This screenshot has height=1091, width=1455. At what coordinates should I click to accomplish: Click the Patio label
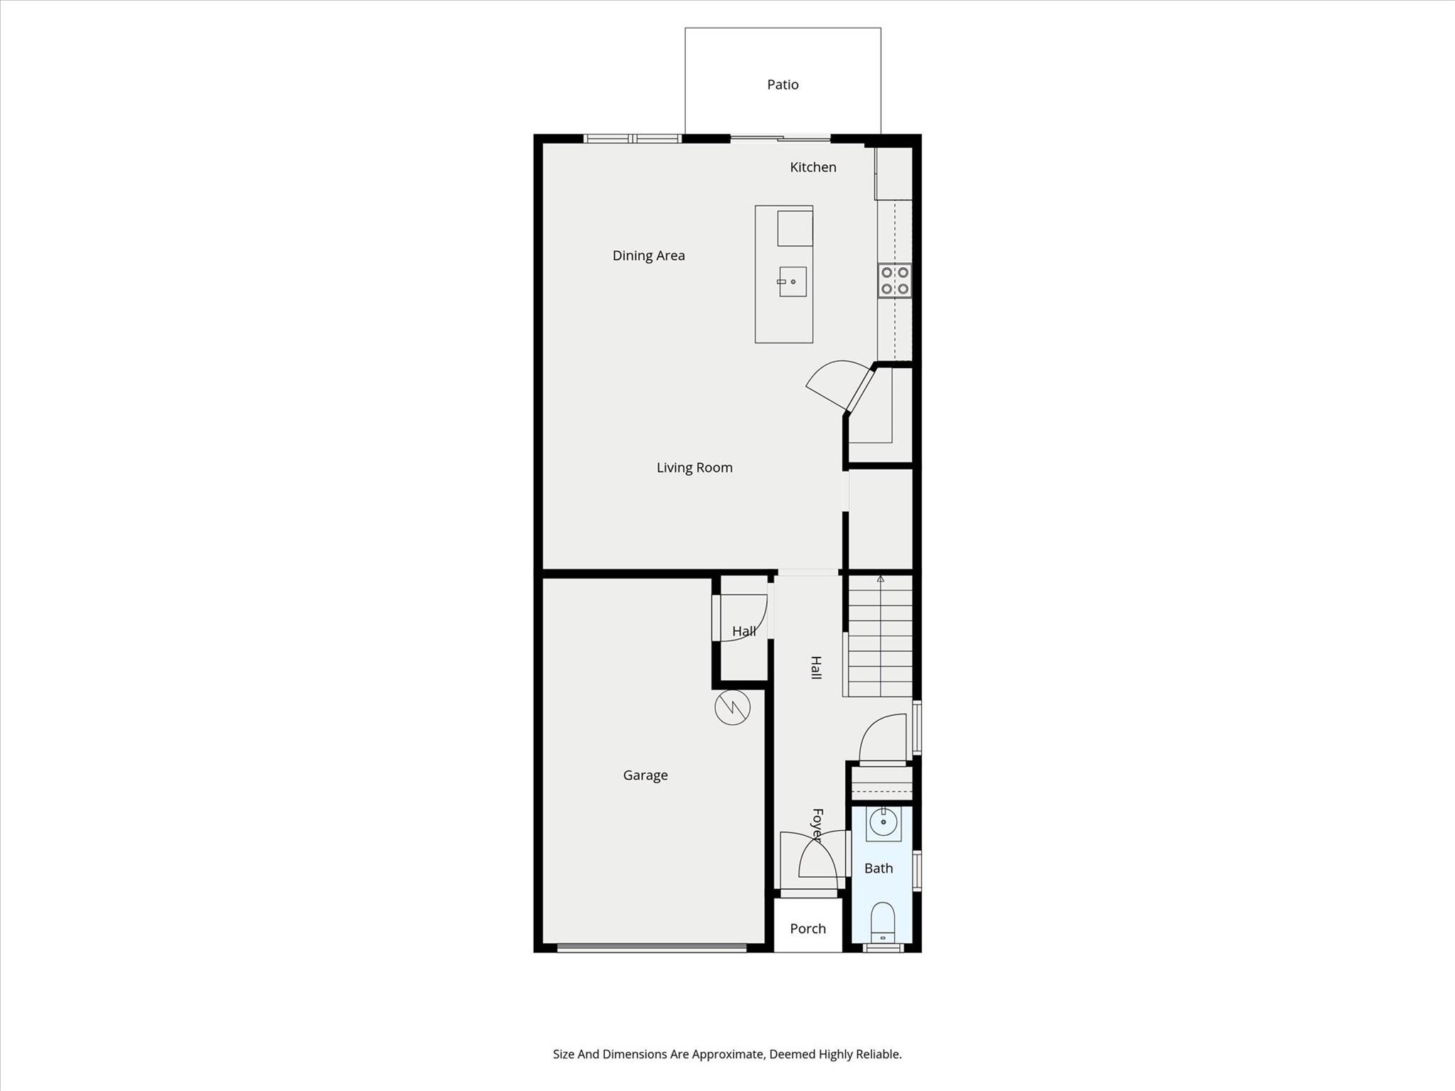tap(783, 85)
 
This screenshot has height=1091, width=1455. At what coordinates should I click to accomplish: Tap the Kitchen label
tap(813, 167)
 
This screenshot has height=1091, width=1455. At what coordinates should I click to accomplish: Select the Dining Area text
tap(648, 256)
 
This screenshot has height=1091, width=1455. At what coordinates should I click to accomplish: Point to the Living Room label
tap(694, 468)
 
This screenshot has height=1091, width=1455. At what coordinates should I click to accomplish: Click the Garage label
tap(645, 775)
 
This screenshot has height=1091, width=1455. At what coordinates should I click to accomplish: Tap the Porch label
tap(807, 929)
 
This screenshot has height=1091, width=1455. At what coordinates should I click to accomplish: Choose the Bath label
tap(879, 869)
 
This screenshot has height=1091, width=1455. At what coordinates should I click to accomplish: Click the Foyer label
tap(817, 825)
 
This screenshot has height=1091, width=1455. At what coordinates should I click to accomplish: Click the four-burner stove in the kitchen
tap(895, 281)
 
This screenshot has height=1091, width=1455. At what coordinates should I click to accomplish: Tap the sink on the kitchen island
tap(793, 282)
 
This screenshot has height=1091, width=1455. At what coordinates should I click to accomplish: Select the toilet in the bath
tap(882, 923)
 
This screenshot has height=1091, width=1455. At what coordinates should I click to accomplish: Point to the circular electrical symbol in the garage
tap(732, 707)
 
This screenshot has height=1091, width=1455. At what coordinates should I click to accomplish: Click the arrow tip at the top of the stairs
tap(881, 576)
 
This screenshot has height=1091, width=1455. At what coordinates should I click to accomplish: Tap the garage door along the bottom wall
tap(652, 947)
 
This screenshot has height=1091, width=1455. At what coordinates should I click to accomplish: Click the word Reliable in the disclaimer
tap(877, 1054)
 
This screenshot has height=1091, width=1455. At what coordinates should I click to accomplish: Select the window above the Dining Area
tap(632, 139)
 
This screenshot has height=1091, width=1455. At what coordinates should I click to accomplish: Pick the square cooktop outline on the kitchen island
tap(795, 228)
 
